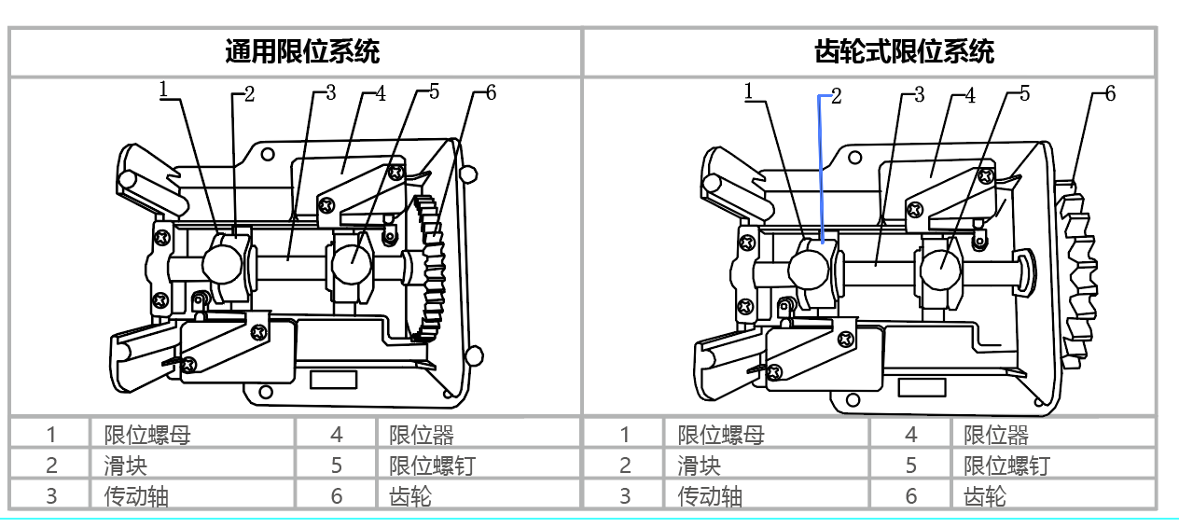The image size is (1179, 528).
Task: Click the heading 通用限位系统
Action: [x=301, y=51]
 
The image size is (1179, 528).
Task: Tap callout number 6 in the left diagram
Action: [x=491, y=92]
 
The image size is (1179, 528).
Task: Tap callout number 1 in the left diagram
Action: [x=163, y=89]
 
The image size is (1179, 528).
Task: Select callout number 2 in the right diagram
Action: [x=836, y=95]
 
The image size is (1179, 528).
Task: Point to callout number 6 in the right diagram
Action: [x=1110, y=93]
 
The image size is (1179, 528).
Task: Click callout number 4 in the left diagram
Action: [x=381, y=94]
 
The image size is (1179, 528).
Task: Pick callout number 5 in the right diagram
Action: [x=1024, y=93]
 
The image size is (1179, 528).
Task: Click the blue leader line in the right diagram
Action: [x=820, y=168]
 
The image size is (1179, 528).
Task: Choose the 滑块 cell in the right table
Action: [x=699, y=465]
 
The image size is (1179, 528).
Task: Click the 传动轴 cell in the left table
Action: [x=136, y=496]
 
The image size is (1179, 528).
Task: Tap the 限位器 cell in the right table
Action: [x=995, y=435]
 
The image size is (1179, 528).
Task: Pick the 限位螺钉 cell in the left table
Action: [x=432, y=465]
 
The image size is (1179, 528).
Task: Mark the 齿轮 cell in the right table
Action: [x=984, y=496]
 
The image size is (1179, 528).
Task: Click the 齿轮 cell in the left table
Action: [x=410, y=496]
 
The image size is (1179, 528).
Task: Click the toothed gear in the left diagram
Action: [x=431, y=266]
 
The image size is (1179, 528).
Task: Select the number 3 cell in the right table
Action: [x=625, y=496]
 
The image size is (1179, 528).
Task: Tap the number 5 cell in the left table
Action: [x=337, y=465]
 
